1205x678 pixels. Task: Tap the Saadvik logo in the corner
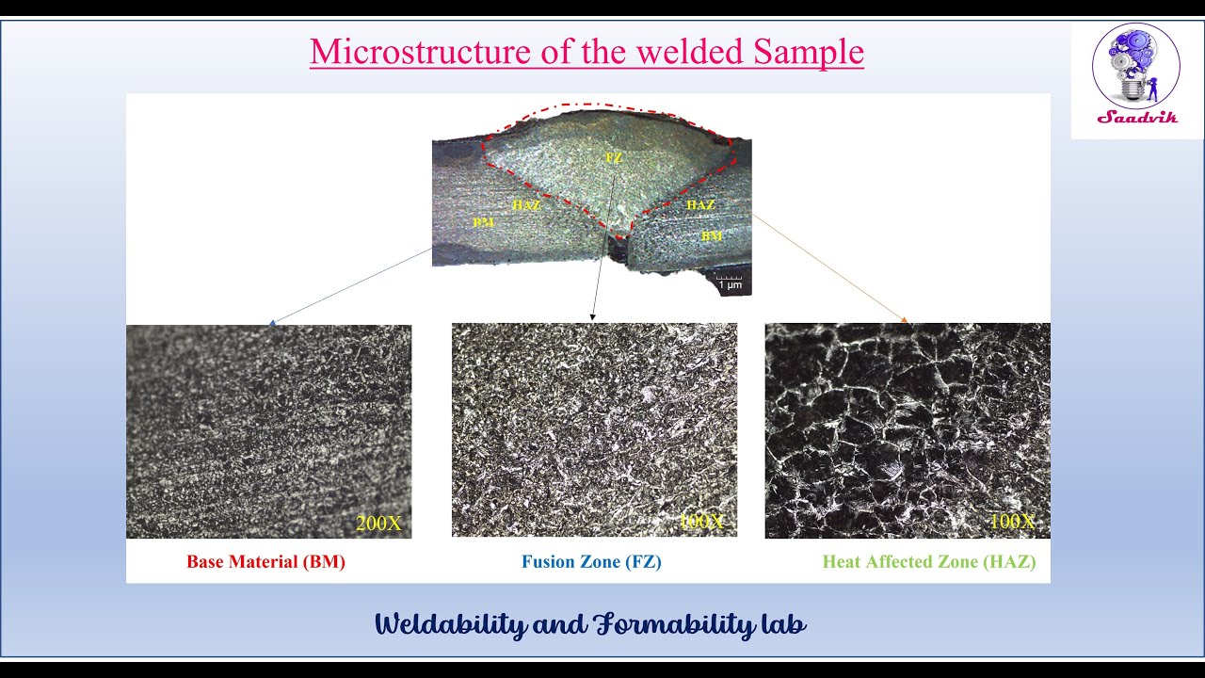tap(1136, 75)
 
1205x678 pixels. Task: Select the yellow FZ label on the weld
tap(614, 158)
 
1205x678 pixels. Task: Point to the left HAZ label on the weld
tap(526, 204)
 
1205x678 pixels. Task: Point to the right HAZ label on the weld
tap(700, 204)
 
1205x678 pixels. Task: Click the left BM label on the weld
tap(484, 222)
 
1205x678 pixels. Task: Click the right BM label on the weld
tap(712, 236)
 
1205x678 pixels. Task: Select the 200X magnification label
tap(378, 524)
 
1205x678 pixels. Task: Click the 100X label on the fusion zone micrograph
tap(701, 521)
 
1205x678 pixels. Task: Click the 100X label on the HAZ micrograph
tap(1012, 521)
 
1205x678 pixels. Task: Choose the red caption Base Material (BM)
tap(265, 562)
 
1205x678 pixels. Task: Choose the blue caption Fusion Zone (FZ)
tap(592, 562)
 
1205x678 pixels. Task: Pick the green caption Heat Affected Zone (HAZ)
tap(928, 562)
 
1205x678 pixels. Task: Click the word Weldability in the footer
tap(451, 624)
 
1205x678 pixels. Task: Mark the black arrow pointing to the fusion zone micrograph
tap(603, 245)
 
